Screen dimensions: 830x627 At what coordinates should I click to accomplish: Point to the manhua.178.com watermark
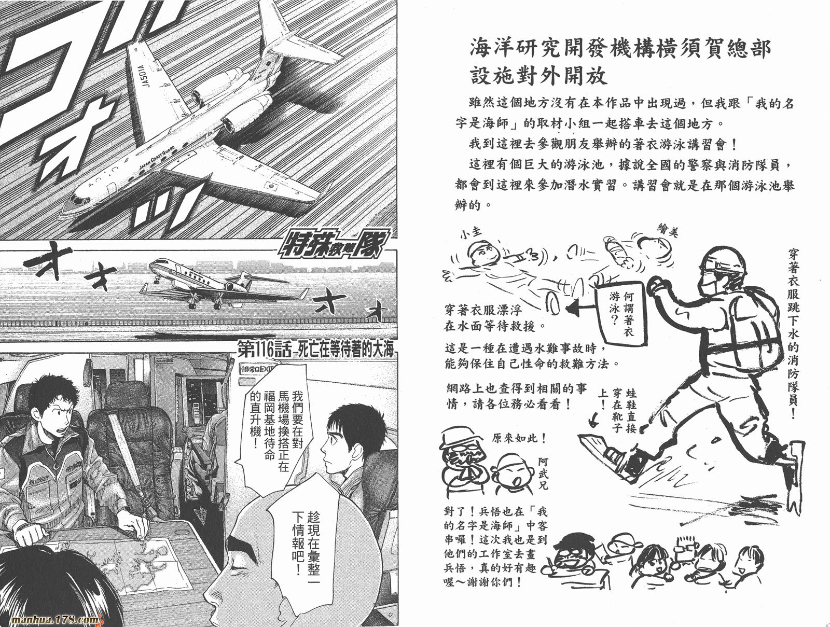pos(55,620)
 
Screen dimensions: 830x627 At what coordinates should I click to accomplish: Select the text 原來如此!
pos(519,439)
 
